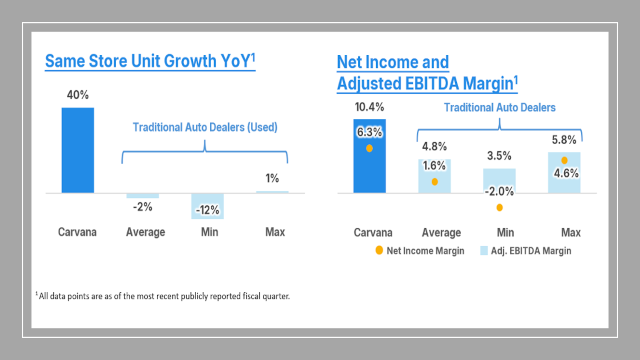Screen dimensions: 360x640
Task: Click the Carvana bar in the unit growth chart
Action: (x=78, y=150)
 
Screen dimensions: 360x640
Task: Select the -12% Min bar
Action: (x=208, y=206)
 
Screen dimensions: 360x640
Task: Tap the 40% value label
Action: (x=78, y=95)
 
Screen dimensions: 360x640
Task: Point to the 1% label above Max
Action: (x=272, y=178)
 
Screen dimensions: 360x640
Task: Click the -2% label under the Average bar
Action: (x=142, y=207)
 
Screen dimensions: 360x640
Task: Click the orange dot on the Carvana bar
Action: (x=369, y=149)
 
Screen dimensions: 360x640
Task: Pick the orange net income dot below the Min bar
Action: (x=500, y=208)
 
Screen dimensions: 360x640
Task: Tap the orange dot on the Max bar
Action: (x=564, y=160)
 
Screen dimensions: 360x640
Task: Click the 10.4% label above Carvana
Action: (x=369, y=107)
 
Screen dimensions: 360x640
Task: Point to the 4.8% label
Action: (x=434, y=146)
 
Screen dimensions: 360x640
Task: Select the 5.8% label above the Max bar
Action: (x=564, y=140)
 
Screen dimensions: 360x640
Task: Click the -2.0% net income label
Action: (x=499, y=191)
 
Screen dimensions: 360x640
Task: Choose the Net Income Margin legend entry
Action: (x=420, y=251)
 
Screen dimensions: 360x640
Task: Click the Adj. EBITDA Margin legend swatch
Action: (x=484, y=251)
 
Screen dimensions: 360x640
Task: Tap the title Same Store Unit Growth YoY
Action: (x=150, y=61)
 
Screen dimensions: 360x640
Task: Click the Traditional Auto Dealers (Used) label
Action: (x=205, y=127)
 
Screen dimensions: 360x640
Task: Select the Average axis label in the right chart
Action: (x=441, y=232)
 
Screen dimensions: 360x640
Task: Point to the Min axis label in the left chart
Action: (x=209, y=232)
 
